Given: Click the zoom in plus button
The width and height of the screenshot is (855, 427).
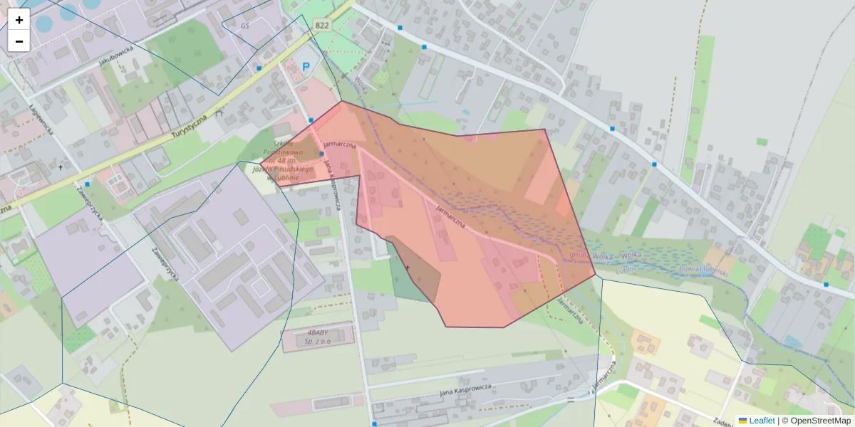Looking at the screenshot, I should point(19,20).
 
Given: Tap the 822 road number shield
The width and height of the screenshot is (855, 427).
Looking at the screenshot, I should point(322,25).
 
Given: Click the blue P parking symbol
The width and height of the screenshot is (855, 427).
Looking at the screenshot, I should point(306,68).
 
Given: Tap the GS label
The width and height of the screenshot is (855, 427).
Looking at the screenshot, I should point(245,26).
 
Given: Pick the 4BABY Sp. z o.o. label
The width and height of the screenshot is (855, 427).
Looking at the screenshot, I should point(318,336).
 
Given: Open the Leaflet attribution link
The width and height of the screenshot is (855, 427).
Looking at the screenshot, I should point(762,421).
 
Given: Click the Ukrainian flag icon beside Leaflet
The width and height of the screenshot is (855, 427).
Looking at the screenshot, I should point(743,421).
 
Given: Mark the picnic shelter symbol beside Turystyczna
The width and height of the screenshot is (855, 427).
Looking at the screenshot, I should point(219,111).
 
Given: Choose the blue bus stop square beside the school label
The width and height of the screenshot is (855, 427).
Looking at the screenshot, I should point(321,154).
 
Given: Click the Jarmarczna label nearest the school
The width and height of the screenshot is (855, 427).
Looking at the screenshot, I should point(339,144).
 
